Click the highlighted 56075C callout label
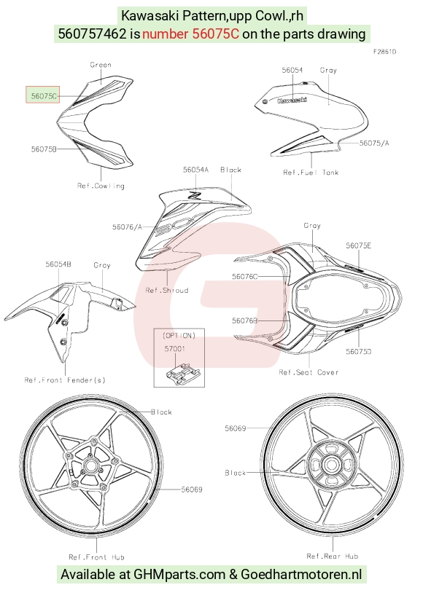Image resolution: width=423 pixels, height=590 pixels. [44, 96]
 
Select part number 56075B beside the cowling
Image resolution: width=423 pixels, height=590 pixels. [44, 149]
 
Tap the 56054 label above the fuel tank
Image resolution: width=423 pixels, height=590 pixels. [292, 70]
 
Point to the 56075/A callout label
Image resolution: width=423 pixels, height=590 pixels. [374, 143]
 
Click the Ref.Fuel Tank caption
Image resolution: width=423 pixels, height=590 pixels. [311, 173]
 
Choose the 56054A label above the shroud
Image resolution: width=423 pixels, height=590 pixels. [195, 170]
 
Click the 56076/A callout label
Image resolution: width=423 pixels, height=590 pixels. [128, 227]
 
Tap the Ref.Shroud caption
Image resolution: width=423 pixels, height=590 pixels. [167, 290]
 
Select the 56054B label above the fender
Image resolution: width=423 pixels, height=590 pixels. [58, 264]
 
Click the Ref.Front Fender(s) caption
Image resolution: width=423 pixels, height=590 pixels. [65, 380]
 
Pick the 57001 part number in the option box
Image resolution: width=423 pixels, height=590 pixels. [175, 349]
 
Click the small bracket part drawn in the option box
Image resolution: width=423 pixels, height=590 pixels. [182, 373]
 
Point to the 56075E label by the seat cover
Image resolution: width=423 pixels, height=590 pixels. [359, 245]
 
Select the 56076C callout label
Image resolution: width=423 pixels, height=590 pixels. [245, 277]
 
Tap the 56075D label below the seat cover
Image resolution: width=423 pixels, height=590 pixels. [359, 351]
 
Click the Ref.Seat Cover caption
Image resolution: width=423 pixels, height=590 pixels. [308, 372]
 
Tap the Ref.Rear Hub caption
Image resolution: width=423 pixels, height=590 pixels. [333, 556]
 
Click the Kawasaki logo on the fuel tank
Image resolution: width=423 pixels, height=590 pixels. [292, 100]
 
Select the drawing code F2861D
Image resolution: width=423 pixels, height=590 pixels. [384, 52]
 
